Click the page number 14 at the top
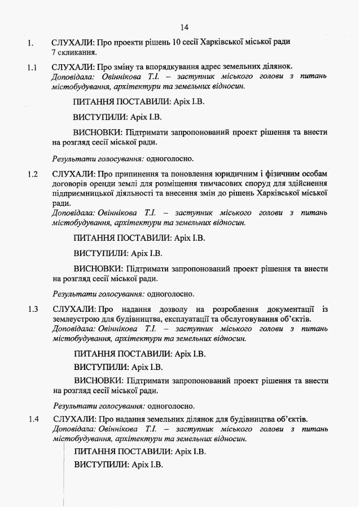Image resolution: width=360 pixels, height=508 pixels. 184,27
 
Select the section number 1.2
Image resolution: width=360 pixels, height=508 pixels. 33,174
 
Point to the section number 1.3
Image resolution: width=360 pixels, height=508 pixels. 33,310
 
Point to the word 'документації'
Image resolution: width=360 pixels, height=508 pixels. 289,310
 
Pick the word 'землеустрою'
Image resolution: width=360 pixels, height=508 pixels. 76,320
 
